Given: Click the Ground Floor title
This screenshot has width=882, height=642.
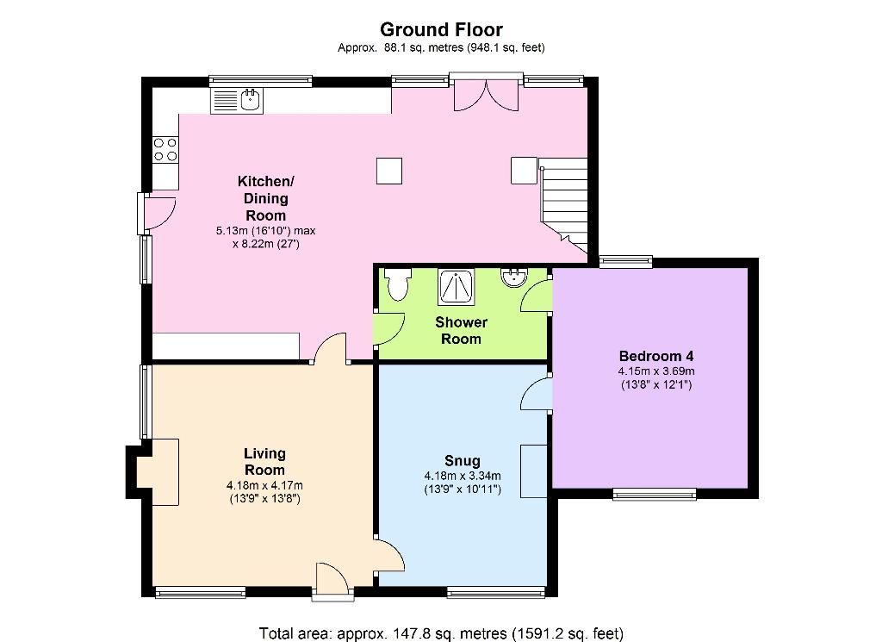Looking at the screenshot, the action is [x=441, y=29].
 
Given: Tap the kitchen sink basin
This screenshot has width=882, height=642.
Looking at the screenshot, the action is [x=251, y=100].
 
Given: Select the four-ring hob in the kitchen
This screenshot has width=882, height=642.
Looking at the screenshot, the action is [x=165, y=150].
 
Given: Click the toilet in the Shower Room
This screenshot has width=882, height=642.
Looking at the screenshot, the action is [x=398, y=284].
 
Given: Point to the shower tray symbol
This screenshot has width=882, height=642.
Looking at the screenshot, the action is [x=457, y=287].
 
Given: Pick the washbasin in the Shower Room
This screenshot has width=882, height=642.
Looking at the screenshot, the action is [x=513, y=278].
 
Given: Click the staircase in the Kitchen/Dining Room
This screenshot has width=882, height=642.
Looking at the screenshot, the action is [x=564, y=205].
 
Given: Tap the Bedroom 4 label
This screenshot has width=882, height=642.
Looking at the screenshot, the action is [x=655, y=356].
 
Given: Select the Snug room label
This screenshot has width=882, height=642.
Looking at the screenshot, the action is [x=463, y=461].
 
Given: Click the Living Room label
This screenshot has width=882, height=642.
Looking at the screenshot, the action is [x=264, y=461].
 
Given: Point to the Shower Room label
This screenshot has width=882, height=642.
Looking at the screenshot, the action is [x=462, y=330].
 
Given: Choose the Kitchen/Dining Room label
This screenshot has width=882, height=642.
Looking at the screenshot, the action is [x=265, y=198].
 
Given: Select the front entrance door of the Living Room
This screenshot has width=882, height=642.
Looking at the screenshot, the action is [x=333, y=580].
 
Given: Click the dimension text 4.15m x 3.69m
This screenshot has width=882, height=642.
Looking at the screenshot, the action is [x=655, y=371].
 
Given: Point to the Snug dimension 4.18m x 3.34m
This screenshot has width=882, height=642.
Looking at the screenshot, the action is [x=463, y=476].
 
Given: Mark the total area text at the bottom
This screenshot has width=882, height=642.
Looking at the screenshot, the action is [x=441, y=633].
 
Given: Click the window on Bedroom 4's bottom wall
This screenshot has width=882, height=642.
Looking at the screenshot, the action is [x=655, y=494].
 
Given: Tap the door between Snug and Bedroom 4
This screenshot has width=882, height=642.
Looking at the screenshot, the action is [x=537, y=394].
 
